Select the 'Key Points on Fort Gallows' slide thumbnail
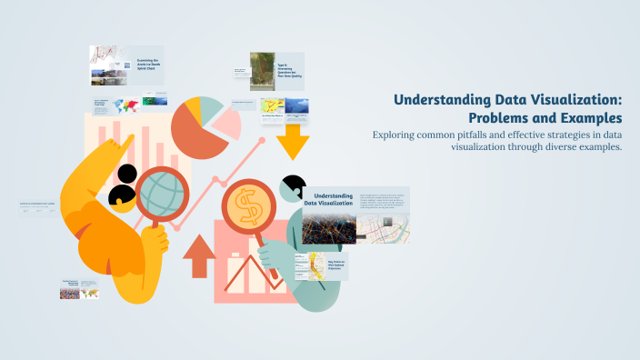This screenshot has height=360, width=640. [323, 267]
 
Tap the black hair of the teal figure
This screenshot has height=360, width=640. [293, 186]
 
